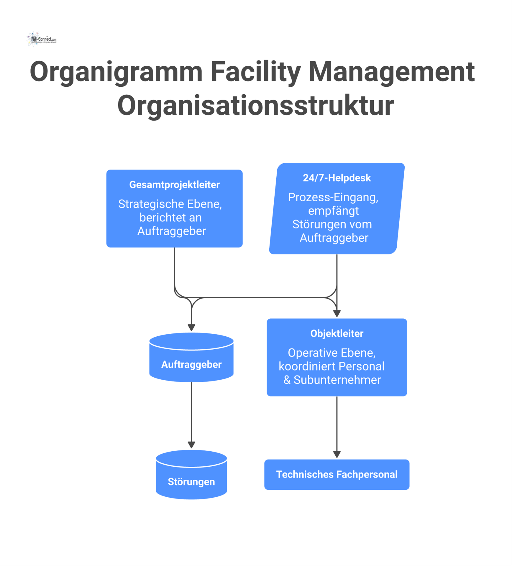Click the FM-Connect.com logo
click(41, 39)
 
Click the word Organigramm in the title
click(116, 72)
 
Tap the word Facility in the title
click(255, 72)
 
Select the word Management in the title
click(391, 72)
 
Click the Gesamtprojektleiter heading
click(174, 185)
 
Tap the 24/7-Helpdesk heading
click(337, 178)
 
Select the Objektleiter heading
click(337, 334)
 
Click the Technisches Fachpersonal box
click(337, 475)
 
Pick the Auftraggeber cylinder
click(191, 365)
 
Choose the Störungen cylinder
click(191, 482)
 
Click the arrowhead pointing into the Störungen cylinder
click(191, 445)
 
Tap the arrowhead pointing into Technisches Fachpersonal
click(337, 454)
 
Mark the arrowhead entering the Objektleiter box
click(337, 313)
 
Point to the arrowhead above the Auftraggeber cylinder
click(191, 328)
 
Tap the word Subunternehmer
click(337, 380)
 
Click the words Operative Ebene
click(332, 353)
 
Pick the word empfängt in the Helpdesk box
click(333, 211)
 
